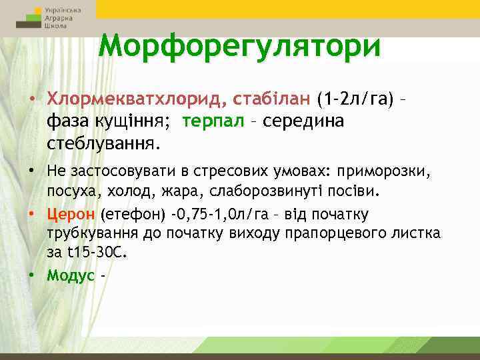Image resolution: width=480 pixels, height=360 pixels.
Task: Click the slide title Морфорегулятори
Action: pos(240,47)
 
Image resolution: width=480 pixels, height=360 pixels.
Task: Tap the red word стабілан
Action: pos(273,99)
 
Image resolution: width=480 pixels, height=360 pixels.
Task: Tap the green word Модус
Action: pos(71,276)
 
